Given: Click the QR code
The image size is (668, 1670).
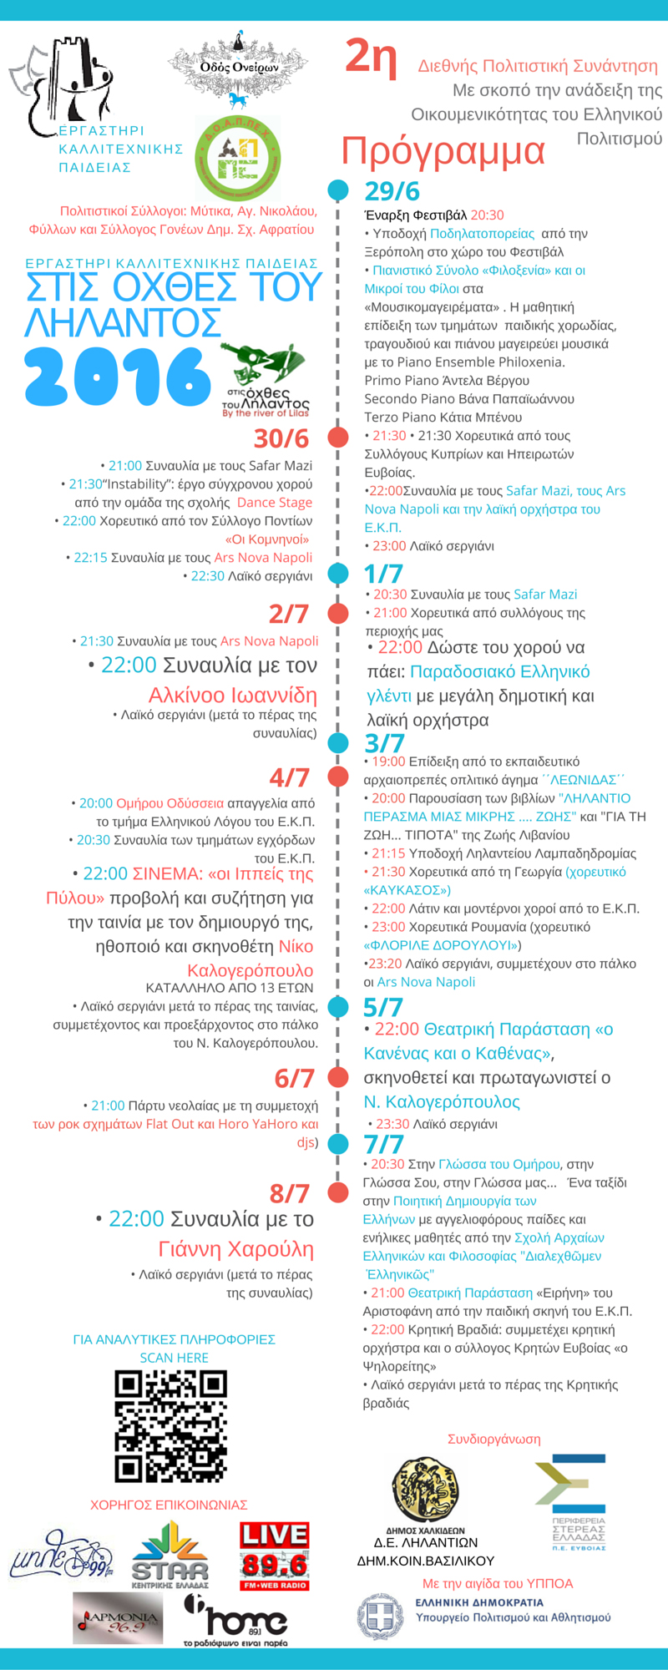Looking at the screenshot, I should (171, 1425).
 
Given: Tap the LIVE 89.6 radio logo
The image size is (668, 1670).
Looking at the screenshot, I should (275, 1556).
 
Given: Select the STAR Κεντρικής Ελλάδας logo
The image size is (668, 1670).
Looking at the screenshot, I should (170, 1554).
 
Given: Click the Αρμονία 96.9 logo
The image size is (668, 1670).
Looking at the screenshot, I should (118, 1619).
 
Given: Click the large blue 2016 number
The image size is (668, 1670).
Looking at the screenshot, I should (117, 377).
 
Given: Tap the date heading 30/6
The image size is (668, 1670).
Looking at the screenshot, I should (281, 438).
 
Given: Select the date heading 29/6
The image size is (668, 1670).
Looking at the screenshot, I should (392, 190).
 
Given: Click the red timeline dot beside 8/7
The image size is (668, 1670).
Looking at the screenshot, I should (338, 1192).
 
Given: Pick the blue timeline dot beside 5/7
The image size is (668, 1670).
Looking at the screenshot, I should (338, 1006).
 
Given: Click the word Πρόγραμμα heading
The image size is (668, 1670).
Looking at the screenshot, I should (443, 151).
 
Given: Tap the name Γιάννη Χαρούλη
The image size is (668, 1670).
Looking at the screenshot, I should (236, 1249).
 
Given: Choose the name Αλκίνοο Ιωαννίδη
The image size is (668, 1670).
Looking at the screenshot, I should (233, 695).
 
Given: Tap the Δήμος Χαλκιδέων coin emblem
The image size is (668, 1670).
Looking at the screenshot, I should (426, 1490).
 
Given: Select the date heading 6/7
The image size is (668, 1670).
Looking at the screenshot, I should (294, 1078).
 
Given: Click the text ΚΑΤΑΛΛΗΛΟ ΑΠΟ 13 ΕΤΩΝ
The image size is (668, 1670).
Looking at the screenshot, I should (230, 988).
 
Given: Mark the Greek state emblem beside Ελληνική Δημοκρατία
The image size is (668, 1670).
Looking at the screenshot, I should (381, 1616).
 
